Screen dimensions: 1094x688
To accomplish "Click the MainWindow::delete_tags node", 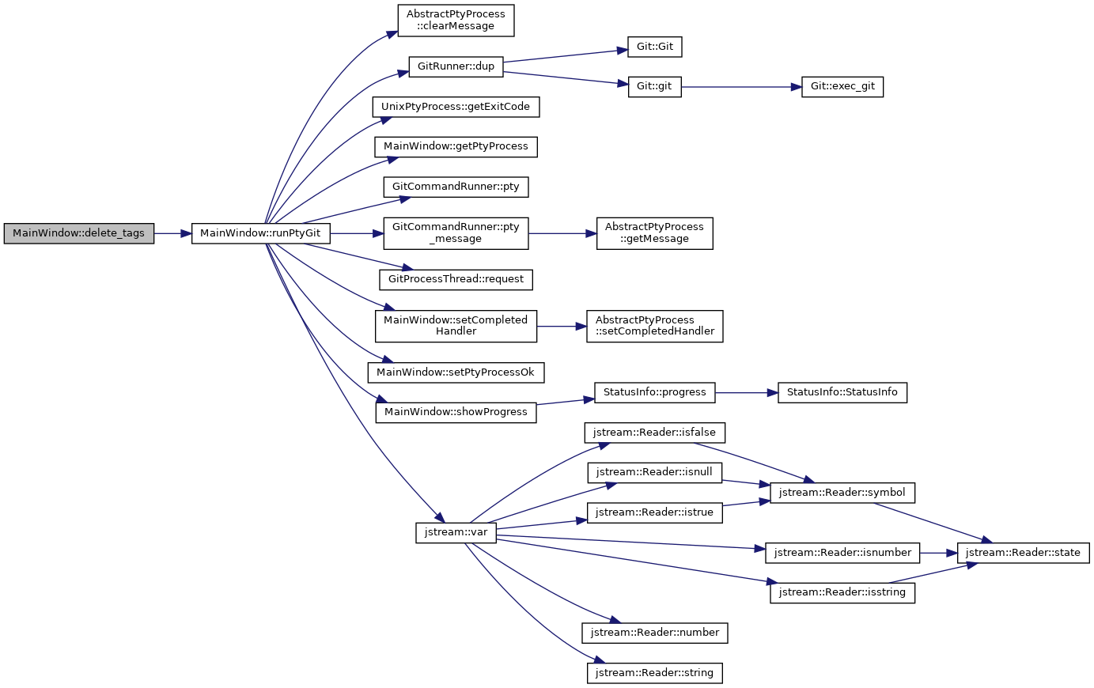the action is (x=78, y=234).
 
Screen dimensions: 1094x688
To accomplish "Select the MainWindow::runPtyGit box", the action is (x=261, y=234).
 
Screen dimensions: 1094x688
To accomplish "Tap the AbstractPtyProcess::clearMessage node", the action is (x=456, y=21).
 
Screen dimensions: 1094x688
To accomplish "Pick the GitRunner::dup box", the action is (x=456, y=67).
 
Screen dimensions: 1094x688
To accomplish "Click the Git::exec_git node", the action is (x=842, y=87).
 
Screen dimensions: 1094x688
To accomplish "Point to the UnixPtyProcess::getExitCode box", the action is (x=456, y=107).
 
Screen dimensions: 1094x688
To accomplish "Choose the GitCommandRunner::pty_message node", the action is (x=456, y=234).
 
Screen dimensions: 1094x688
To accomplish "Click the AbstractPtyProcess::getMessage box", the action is (x=654, y=234).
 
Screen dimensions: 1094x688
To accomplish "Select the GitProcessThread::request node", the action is (x=456, y=280).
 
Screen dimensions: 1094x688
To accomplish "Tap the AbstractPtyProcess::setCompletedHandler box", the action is (x=654, y=326).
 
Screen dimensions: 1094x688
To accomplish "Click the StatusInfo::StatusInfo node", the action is (x=842, y=392).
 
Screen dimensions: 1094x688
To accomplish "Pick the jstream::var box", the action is (x=456, y=533).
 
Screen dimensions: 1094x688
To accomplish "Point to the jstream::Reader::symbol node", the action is (x=842, y=493).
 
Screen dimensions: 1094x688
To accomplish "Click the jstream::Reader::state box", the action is (x=1023, y=553).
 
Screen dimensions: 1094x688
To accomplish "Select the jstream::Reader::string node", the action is (x=654, y=673).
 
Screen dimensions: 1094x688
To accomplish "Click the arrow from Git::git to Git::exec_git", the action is (x=741, y=87).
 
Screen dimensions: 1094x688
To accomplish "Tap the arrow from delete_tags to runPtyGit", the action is (x=173, y=234).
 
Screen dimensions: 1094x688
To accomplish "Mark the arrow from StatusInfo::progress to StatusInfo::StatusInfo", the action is (x=746, y=392).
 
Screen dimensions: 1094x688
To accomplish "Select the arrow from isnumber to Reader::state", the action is (x=938, y=553).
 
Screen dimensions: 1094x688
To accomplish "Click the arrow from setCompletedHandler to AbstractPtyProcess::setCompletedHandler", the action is (x=562, y=326).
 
